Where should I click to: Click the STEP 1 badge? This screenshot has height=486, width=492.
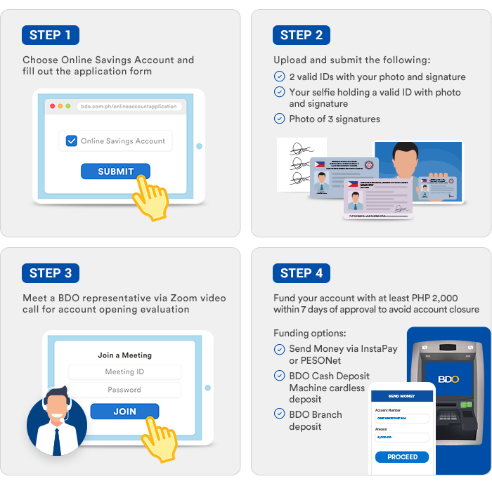pyautogui.click(x=50, y=35)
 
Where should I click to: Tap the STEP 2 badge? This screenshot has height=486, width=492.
pyautogui.click(x=301, y=35)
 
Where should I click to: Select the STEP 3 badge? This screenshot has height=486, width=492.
pyautogui.click(x=50, y=273)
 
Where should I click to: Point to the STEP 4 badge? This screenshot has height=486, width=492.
pyautogui.click(x=301, y=273)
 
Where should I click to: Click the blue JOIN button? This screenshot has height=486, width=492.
pyautogui.click(x=124, y=412)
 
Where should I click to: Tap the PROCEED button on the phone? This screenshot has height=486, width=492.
pyautogui.click(x=402, y=457)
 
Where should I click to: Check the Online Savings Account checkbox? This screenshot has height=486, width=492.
pyautogui.click(x=72, y=141)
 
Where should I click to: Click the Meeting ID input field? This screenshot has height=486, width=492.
pyautogui.click(x=124, y=372)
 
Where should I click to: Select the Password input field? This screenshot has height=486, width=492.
pyautogui.click(x=124, y=390)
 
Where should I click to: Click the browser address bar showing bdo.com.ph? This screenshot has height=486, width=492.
pyautogui.click(x=129, y=106)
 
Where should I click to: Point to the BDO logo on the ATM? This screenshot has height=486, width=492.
pyautogui.click(x=448, y=379)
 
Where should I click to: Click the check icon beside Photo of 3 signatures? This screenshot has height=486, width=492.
pyautogui.click(x=280, y=119)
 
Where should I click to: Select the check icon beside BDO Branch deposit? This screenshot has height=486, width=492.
pyautogui.click(x=280, y=414)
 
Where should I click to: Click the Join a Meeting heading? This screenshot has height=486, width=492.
pyautogui.click(x=124, y=355)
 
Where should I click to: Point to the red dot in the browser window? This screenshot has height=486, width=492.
pyautogui.click(x=51, y=106)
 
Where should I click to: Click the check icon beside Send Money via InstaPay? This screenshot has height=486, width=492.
pyautogui.click(x=280, y=349)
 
